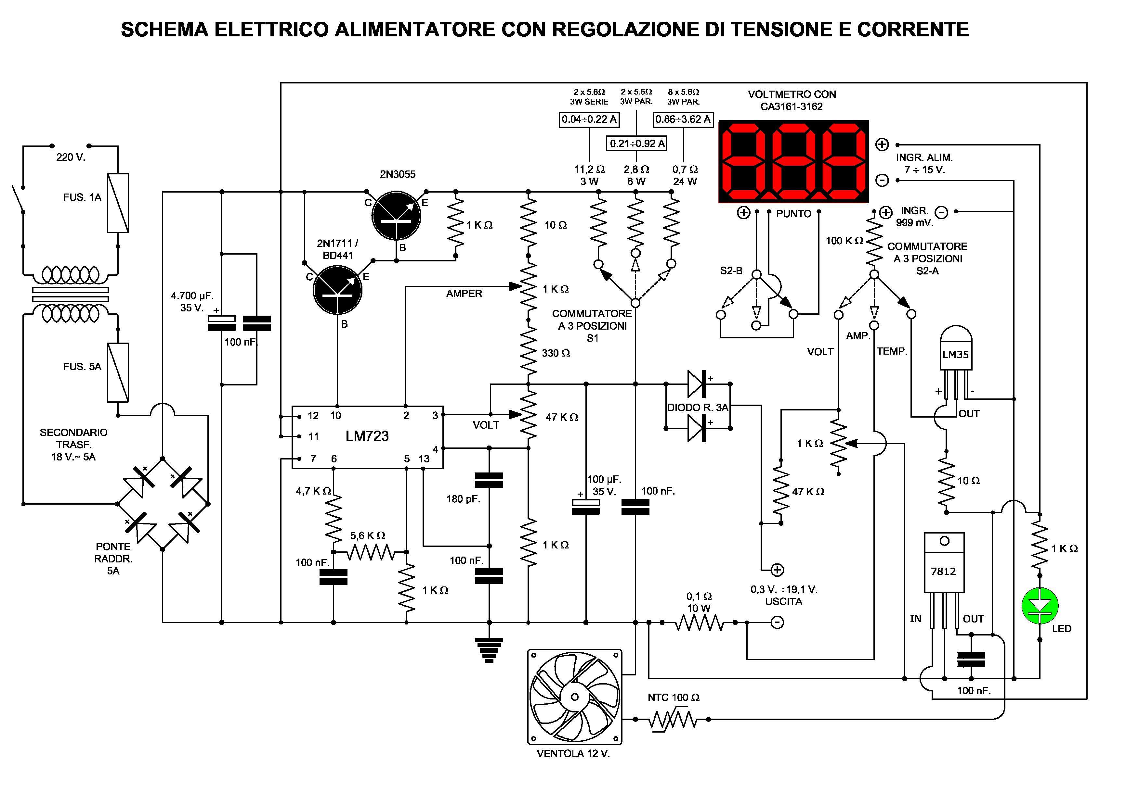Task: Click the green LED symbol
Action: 1040,606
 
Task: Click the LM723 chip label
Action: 367,436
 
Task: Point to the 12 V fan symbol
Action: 574,697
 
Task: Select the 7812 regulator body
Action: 944,563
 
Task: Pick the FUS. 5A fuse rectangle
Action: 118,372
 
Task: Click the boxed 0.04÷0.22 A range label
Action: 589,119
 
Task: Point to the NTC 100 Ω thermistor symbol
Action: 672,719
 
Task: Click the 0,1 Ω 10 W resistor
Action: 699,622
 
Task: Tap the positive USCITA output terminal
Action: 777,570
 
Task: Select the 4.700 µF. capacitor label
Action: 192,296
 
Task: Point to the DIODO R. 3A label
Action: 698,408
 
